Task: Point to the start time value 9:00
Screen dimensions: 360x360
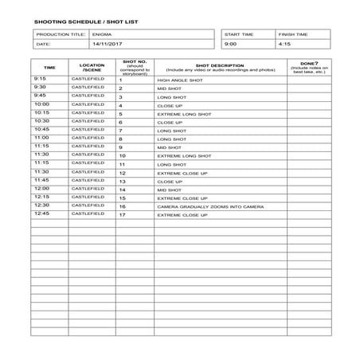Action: tap(230, 45)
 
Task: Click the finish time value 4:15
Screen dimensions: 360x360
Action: tap(285, 45)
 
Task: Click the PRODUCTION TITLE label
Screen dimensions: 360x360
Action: tap(58, 35)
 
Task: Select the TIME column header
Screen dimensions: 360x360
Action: tap(49, 68)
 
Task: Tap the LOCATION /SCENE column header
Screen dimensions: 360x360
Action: tap(92, 68)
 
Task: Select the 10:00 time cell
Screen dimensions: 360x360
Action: tap(42, 104)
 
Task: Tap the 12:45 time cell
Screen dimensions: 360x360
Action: tap(42, 213)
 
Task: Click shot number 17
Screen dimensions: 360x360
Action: tap(122, 214)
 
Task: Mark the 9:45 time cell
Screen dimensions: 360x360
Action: tap(41, 96)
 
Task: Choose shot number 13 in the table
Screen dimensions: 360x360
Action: tap(122, 181)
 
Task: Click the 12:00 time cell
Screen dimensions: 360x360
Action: tap(42, 189)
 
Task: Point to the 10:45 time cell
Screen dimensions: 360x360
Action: tap(42, 130)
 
